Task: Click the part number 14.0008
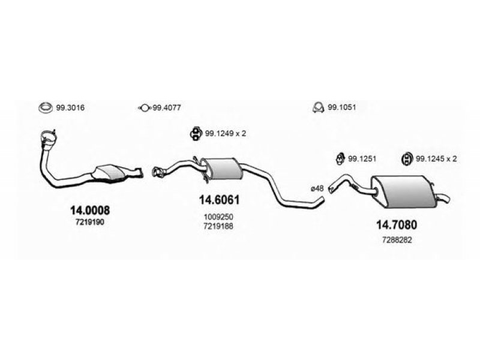[x=89, y=211]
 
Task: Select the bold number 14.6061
[x=219, y=200]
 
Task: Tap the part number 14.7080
[x=397, y=225]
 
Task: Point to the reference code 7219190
[x=90, y=223]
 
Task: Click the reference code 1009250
[x=218, y=217]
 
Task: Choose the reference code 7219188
[x=218, y=226]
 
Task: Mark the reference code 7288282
[x=397, y=241]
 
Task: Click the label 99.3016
[x=70, y=108]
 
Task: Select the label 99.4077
[x=167, y=108]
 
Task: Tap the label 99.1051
[x=342, y=107]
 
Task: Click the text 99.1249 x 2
[x=226, y=133]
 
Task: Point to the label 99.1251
[x=362, y=159]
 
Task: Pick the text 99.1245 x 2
[x=436, y=159]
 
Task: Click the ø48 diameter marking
[x=317, y=188]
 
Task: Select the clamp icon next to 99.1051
[x=319, y=107]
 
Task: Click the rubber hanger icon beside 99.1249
[x=196, y=133]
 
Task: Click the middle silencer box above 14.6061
[x=222, y=169]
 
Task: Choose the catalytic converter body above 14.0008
[x=110, y=173]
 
